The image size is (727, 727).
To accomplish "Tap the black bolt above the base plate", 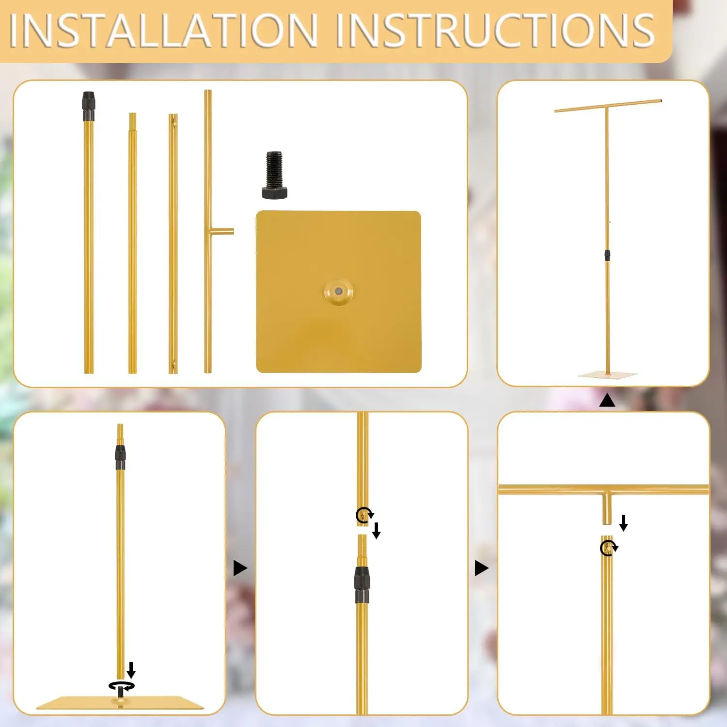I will click(274, 175).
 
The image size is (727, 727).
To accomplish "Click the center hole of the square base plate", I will click(338, 291).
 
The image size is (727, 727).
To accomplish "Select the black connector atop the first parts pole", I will click(88, 106).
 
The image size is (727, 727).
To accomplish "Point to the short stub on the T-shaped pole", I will click(222, 232).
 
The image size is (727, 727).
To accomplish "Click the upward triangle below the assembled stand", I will click(607, 400).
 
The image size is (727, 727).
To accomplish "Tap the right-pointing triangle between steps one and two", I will click(240, 568).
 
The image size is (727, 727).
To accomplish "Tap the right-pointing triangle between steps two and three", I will click(481, 568).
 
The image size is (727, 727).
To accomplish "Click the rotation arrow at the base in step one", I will click(121, 686).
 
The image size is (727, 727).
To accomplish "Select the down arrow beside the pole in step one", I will click(131, 670).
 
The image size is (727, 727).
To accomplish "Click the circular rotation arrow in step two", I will click(363, 514).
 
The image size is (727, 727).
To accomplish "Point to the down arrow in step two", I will click(376, 530).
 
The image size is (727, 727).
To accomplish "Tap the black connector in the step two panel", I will click(362, 584).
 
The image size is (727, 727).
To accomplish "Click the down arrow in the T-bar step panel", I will click(624, 523).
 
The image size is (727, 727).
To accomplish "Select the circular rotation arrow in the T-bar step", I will click(608, 548).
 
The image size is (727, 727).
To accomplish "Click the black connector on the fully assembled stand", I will click(607, 255).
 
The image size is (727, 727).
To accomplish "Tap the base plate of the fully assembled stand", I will click(607, 375).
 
